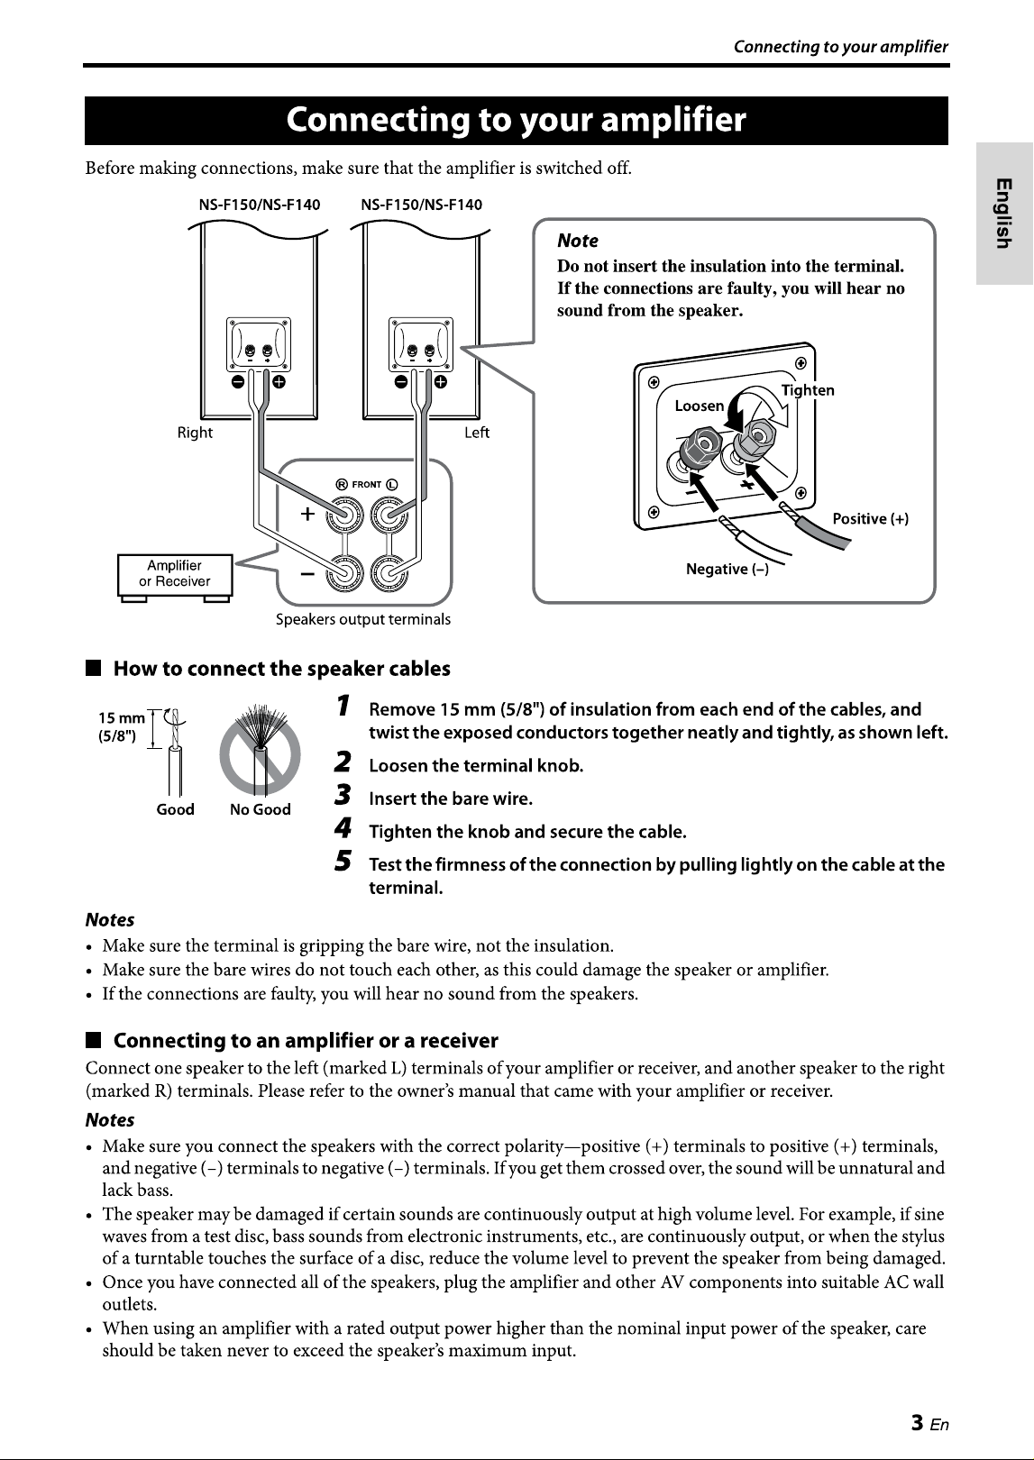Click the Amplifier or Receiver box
[x=175, y=575]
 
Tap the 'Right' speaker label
[x=195, y=433]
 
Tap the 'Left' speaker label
[x=477, y=433]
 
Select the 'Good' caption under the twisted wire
[x=176, y=809]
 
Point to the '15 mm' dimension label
[x=122, y=718]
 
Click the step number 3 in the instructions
[x=343, y=795]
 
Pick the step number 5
[x=343, y=861]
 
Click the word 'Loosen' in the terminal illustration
[x=700, y=406]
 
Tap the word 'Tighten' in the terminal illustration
[x=808, y=390]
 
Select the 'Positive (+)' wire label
[x=870, y=519]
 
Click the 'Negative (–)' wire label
[x=727, y=569]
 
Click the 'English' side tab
[x=1004, y=213]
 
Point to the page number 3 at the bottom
[x=918, y=1422]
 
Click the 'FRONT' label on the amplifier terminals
[x=366, y=484]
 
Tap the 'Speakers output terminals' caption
[x=363, y=619]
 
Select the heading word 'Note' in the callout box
[x=578, y=241]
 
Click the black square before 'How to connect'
[x=93, y=669]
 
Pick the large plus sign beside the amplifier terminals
[x=307, y=514]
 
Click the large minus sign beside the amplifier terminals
[x=307, y=574]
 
